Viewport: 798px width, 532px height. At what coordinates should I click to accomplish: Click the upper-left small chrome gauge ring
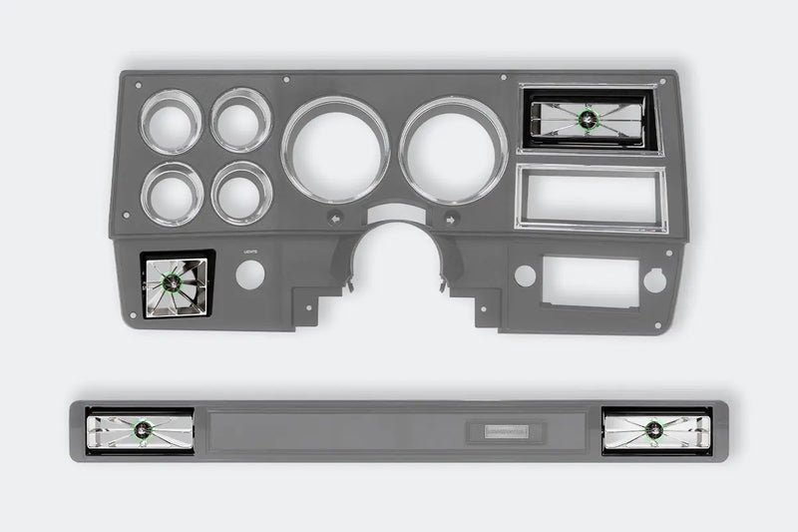pos(171,122)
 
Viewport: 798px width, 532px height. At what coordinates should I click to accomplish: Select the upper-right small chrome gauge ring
pos(241,120)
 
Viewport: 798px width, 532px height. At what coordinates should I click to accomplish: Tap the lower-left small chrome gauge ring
pos(173,194)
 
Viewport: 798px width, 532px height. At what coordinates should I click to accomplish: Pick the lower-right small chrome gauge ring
pos(242,193)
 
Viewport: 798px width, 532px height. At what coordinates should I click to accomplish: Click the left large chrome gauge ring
pos(336,149)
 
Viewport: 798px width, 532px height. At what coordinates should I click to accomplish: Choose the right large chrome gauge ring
pos(454,150)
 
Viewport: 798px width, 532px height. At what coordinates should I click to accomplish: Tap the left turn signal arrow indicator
pos(335,216)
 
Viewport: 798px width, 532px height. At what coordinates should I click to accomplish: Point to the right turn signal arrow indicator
pos(451,217)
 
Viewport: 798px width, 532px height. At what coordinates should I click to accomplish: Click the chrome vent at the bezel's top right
pos(588,120)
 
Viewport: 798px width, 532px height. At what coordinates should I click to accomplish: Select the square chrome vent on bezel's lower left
pos(174,284)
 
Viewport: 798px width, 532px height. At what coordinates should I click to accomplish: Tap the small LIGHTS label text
pos(250,253)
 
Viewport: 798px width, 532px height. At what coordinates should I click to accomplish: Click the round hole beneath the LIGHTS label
pos(250,274)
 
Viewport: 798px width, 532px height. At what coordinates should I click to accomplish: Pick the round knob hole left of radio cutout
pos(525,275)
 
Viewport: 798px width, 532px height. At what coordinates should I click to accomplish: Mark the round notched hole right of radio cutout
pos(654,280)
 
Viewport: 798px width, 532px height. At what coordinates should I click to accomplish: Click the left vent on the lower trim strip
pos(139,431)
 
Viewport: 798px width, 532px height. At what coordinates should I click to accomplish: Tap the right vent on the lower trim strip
pos(656,430)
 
